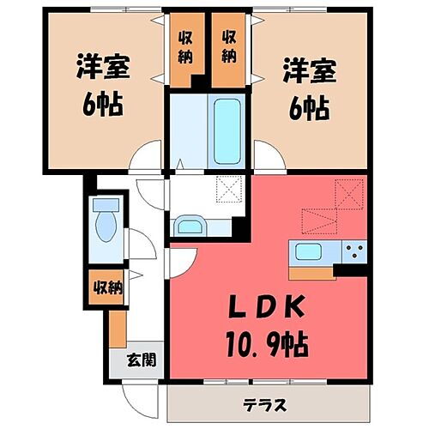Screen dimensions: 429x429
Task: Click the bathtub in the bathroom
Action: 227,130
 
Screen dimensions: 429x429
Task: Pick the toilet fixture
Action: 106,223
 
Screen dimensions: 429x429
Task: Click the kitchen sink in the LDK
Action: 309,252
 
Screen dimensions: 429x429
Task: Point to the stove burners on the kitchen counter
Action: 353,252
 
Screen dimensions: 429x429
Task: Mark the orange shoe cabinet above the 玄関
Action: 118,329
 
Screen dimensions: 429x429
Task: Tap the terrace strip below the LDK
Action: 270,402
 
